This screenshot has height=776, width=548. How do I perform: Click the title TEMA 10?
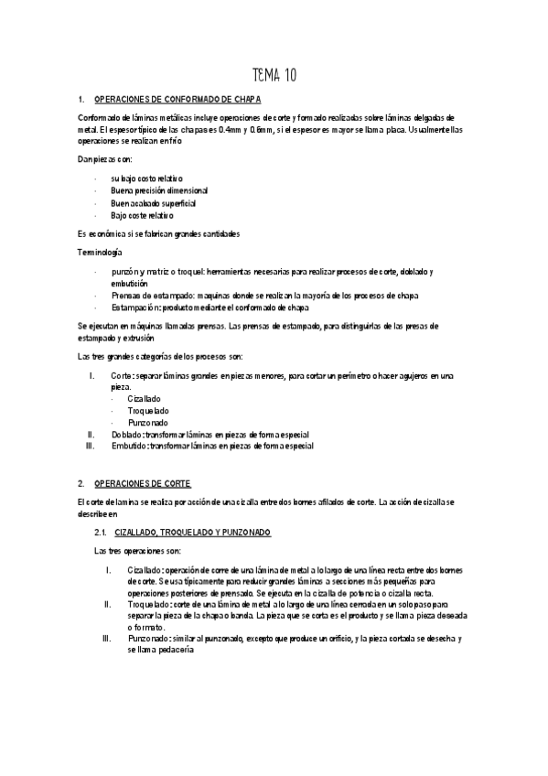click(x=274, y=74)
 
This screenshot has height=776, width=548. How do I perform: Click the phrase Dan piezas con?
click(x=106, y=160)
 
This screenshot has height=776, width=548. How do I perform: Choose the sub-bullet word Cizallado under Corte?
click(x=145, y=399)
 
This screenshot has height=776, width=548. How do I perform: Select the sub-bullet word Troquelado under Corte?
click(x=148, y=411)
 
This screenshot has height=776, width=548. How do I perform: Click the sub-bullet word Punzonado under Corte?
click(x=147, y=423)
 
